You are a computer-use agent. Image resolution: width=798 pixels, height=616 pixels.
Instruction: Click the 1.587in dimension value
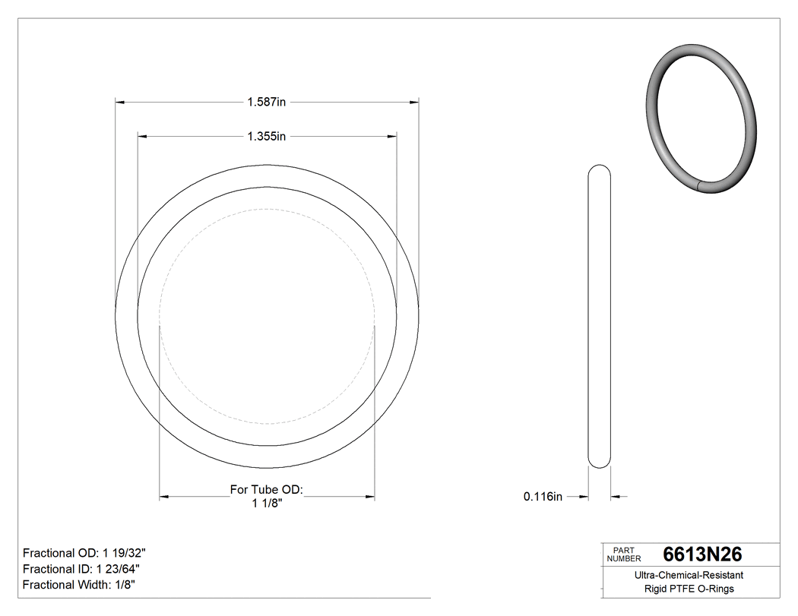tap(266, 101)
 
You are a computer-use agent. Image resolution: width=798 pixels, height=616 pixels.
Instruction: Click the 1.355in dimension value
tap(266, 137)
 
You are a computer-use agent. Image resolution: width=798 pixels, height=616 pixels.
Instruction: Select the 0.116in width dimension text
tap(543, 497)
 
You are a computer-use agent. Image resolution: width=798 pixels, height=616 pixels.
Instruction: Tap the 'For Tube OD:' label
tap(267, 490)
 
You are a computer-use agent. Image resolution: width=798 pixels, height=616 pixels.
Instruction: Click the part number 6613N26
tap(702, 554)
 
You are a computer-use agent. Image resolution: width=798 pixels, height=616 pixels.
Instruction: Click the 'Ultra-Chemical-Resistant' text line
tap(689, 576)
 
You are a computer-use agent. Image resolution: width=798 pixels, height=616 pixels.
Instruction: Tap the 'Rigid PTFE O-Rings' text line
tap(689, 589)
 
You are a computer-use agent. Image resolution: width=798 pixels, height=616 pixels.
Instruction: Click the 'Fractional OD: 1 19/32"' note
tap(84, 553)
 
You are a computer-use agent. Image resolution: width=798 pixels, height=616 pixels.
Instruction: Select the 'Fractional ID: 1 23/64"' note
tap(81, 569)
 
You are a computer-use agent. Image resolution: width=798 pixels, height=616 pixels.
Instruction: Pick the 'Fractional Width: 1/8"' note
tap(80, 585)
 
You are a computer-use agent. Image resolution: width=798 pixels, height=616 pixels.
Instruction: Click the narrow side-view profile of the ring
tap(600, 319)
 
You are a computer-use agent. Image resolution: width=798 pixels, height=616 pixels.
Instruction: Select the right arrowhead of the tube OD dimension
tap(370, 497)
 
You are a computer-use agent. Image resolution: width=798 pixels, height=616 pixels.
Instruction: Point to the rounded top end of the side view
tap(600, 168)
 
